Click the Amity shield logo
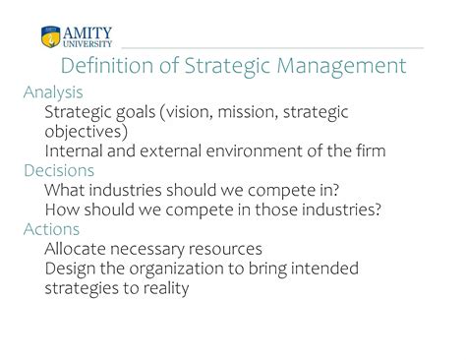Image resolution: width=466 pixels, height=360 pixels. pos(51,36)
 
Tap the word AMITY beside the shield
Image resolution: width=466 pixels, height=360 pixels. pos(87,33)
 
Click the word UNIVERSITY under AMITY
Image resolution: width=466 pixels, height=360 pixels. pos(87,44)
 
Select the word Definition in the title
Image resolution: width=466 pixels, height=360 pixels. pos(107,65)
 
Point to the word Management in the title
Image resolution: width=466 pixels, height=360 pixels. pos(341,66)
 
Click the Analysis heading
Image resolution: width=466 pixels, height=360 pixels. pos(53,92)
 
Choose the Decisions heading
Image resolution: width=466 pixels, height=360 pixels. pos(59,170)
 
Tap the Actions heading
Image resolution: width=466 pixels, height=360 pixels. pos(51,229)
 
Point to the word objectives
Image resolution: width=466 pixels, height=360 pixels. pos(84,132)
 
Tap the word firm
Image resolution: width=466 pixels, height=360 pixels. pos(371,151)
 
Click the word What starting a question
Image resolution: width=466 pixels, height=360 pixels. pos(65,190)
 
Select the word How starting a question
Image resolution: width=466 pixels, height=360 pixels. pos(62,210)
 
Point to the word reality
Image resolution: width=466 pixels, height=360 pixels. pos(166,288)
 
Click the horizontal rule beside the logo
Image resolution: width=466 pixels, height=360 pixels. pos(272,48)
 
